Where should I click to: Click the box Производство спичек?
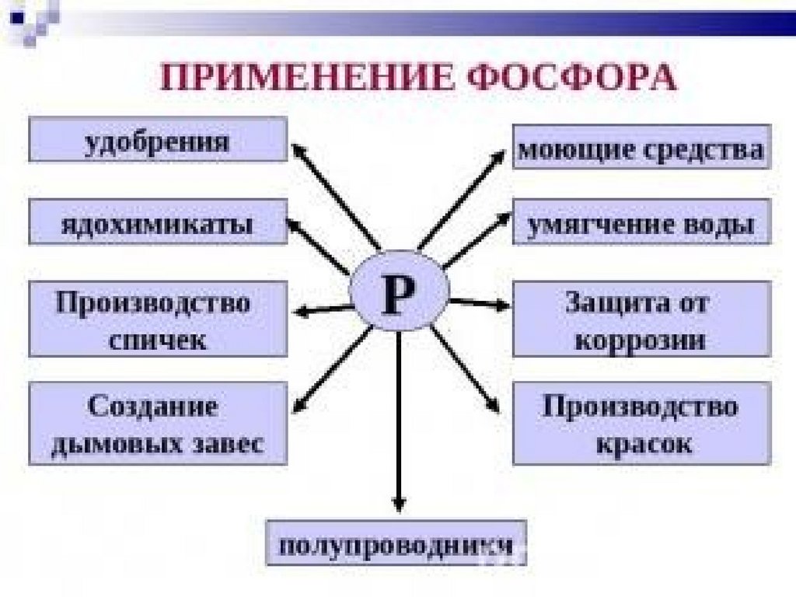(158, 319)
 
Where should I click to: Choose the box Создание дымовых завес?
(158, 424)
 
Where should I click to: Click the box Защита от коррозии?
(641, 319)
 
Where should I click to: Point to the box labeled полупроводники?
(396, 542)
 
